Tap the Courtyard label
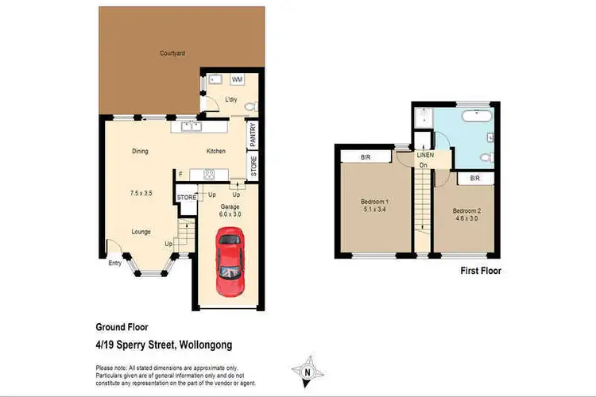coord(172,54)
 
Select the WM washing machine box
coord(237,80)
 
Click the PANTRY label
coord(252,135)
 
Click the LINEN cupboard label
coord(425,155)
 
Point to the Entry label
coord(116,264)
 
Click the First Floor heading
coord(481,271)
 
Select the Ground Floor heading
coord(122,326)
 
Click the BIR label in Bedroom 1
coord(366,156)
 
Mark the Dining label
coord(141,151)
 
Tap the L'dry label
coord(231,99)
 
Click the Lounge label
coord(142,231)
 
